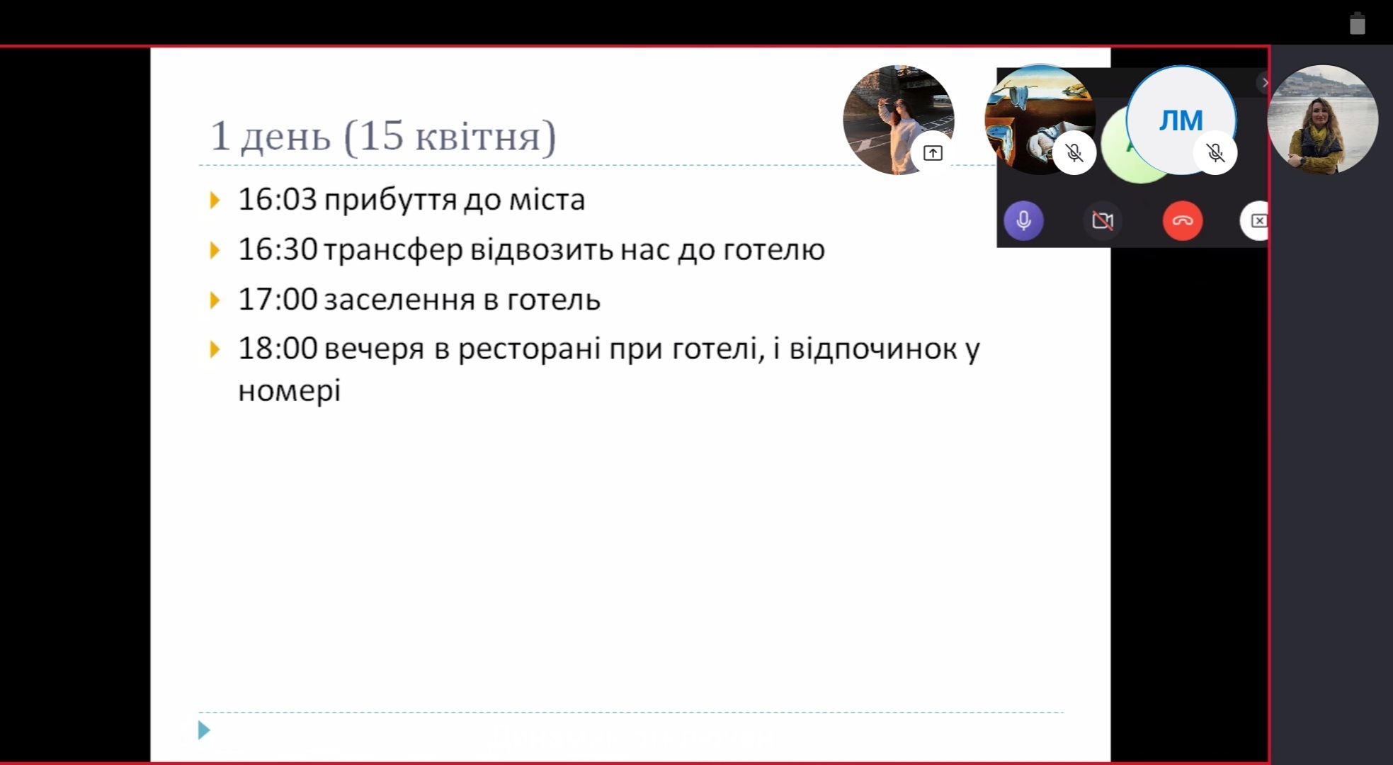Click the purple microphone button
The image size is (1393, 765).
tap(1023, 220)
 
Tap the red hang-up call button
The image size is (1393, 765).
tap(1182, 220)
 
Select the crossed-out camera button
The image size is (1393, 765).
tap(1103, 220)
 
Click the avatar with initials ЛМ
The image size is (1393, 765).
tap(1181, 120)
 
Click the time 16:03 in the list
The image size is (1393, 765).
tap(278, 199)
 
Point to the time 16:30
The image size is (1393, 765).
tap(278, 249)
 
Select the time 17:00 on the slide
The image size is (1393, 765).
tap(278, 299)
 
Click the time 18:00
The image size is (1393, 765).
tap(278, 348)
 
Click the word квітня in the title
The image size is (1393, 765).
tap(477, 136)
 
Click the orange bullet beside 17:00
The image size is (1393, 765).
tap(215, 300)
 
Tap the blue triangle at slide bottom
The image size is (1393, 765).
tap(204, 730)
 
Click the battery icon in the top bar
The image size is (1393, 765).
tap(1357, 23)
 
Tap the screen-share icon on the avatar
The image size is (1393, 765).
tap(933, 153)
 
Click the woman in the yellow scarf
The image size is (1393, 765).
tap(1322, 120)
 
